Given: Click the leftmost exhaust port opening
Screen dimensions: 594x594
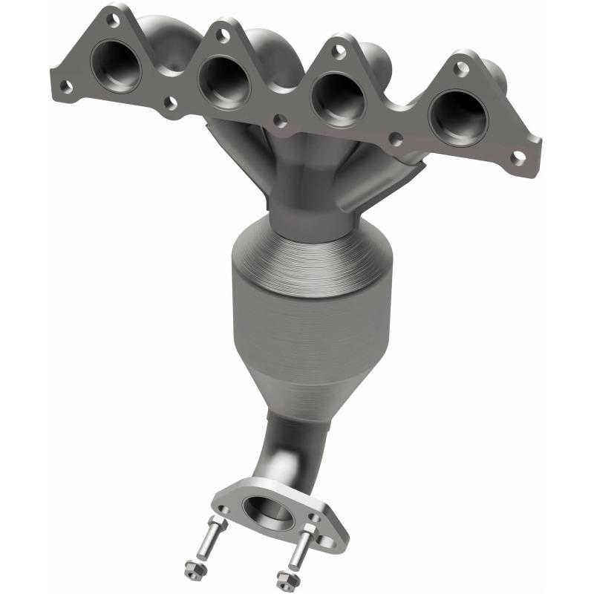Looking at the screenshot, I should pos(117,68).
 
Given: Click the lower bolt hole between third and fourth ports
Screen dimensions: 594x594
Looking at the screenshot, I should pos(397,139).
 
